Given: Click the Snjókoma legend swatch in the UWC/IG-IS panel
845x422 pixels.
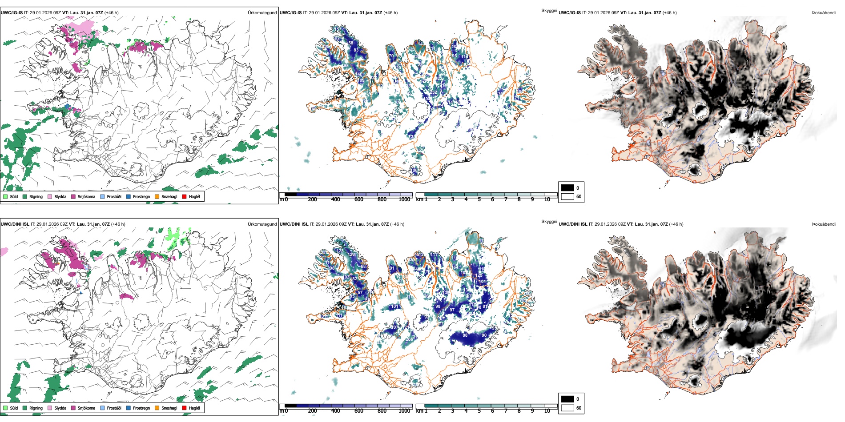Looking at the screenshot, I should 73,196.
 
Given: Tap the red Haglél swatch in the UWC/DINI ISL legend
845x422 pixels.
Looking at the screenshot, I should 184,408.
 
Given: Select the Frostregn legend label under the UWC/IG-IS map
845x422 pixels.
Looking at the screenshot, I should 141,196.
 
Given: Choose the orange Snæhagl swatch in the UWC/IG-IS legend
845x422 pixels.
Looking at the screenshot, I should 157,196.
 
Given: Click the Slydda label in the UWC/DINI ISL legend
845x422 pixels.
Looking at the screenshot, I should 60,408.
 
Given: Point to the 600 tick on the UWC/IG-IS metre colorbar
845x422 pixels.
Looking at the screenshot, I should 358,199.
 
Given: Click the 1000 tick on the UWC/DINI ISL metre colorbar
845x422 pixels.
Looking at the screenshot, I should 404,411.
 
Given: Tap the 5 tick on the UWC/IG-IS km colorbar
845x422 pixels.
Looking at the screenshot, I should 479,199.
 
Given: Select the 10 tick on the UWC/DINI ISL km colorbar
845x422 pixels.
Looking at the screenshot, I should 547,411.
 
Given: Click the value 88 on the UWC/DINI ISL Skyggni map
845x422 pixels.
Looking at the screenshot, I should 465,335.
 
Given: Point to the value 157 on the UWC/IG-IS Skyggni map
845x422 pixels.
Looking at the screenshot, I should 338,30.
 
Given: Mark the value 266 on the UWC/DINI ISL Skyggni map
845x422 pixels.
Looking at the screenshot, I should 409,339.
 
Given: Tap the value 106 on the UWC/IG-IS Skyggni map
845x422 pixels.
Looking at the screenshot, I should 414,171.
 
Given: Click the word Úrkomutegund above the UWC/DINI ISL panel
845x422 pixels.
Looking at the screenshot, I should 262,224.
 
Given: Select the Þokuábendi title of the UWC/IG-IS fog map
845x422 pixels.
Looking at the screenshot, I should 824,13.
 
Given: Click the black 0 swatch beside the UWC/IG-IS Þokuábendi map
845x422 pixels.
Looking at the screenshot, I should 567,188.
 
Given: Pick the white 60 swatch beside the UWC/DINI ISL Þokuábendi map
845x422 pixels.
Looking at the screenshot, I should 567,408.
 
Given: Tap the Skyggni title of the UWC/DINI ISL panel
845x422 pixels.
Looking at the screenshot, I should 549,222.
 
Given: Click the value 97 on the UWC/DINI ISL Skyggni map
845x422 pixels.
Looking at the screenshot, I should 452,310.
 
